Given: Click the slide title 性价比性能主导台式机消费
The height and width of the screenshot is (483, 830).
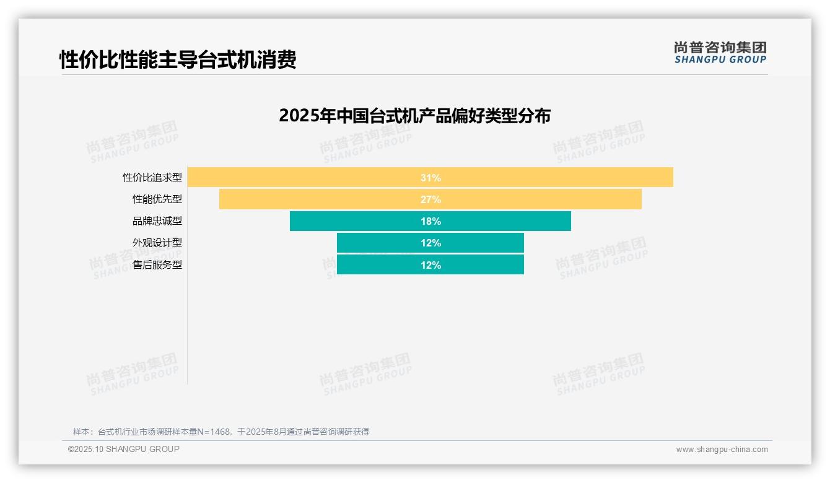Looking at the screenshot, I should tap(178, 59).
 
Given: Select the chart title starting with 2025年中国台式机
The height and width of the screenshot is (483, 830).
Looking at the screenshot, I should tap(414, 116).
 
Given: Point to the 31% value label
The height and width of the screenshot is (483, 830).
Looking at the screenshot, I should tap(430, 178).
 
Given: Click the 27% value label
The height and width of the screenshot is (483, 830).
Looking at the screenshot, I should tap(430, 199).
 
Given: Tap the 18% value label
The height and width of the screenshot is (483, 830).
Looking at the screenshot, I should tap(430, 221).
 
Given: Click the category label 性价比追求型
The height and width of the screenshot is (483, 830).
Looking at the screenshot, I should tap(152, 178).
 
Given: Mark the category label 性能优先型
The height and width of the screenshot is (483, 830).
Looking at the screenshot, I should tap(157, 199).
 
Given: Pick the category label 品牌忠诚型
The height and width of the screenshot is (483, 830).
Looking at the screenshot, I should tap(157, 221).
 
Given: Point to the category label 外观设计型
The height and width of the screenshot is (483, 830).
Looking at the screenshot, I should tap(157, 243).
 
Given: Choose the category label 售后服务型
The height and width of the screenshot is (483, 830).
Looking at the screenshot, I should tap(157, 265).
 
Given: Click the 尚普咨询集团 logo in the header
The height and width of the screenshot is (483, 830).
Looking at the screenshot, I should tap(720, 52).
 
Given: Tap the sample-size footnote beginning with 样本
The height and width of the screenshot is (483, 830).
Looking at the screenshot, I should tap(221, 432).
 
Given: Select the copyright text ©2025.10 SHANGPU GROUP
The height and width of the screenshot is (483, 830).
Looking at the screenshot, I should tap(124, 449).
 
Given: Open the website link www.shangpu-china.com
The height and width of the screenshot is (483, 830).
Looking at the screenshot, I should tap(722, 450).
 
